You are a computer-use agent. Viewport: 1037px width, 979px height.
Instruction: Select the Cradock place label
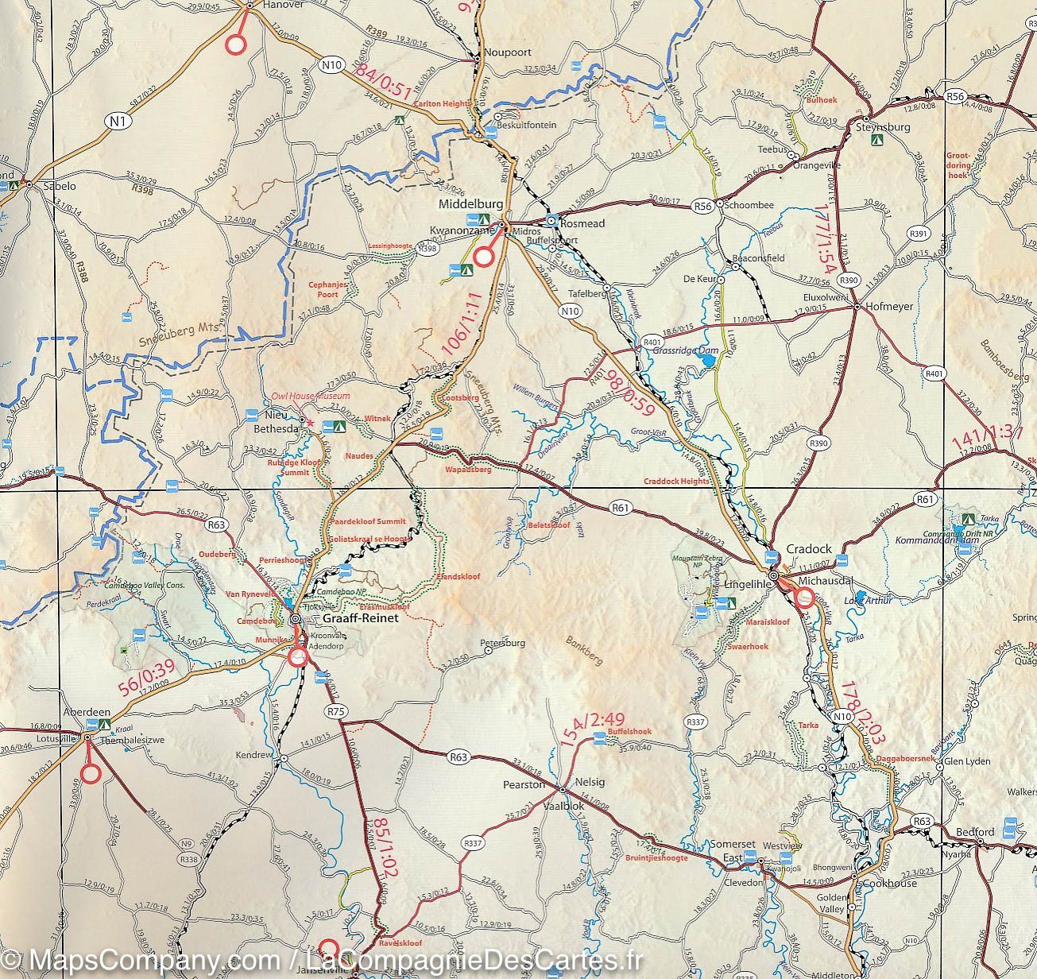click(809, 549)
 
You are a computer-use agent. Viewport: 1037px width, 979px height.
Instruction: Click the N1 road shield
click(118, 121)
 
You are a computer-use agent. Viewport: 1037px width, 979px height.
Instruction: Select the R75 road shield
click(336, 713)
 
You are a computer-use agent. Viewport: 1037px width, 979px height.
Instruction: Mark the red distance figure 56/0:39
click(148, 675)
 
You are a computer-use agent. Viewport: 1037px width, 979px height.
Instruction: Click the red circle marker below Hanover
click(235, 45)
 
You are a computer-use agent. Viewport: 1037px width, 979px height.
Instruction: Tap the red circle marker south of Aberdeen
click(91, 772)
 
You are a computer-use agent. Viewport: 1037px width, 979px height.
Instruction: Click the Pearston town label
click(524, 784)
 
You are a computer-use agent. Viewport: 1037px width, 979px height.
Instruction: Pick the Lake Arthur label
click(868, 601)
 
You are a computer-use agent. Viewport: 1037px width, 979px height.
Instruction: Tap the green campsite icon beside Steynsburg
click(877, 139)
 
